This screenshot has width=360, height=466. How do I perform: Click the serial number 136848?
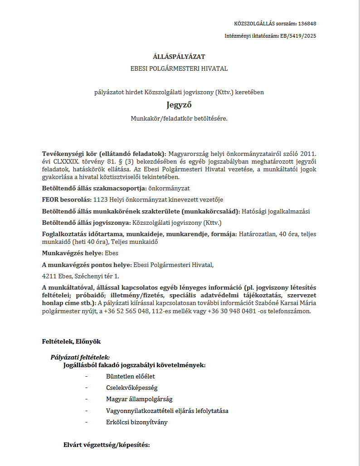click(307, 24)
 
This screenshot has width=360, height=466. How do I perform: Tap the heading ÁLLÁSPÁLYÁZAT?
click(179, 57)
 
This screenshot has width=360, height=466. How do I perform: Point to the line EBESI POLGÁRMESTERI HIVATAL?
click(179, 69)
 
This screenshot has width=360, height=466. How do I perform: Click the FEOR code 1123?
click(98, 199)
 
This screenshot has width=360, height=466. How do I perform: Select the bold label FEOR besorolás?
click(66, 199)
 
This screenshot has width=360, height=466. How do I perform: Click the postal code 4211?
click(48, 276)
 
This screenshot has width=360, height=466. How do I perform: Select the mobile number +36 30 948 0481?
click(231, 311)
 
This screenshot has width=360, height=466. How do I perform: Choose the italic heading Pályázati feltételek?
click(80, 357)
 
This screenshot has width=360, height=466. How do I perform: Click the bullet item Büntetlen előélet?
click(131, 376)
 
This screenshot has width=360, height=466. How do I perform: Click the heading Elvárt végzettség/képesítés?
click(107, 445)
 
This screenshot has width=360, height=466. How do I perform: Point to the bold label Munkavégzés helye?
click(73, 253)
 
